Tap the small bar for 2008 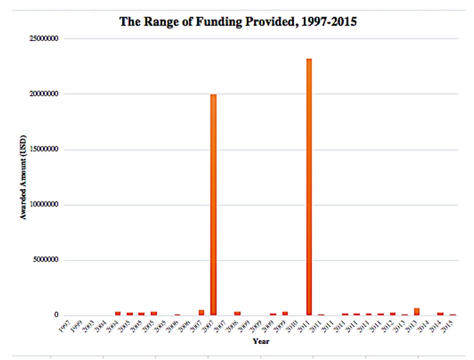point(237,313)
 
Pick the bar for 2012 point(393,314)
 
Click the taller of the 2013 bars point(416,311)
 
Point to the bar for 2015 point(452,314)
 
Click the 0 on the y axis point(56,315)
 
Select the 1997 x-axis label point(65,327)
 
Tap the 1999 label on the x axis point(77,327)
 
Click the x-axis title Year point(261,342)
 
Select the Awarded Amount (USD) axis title point(23,177)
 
